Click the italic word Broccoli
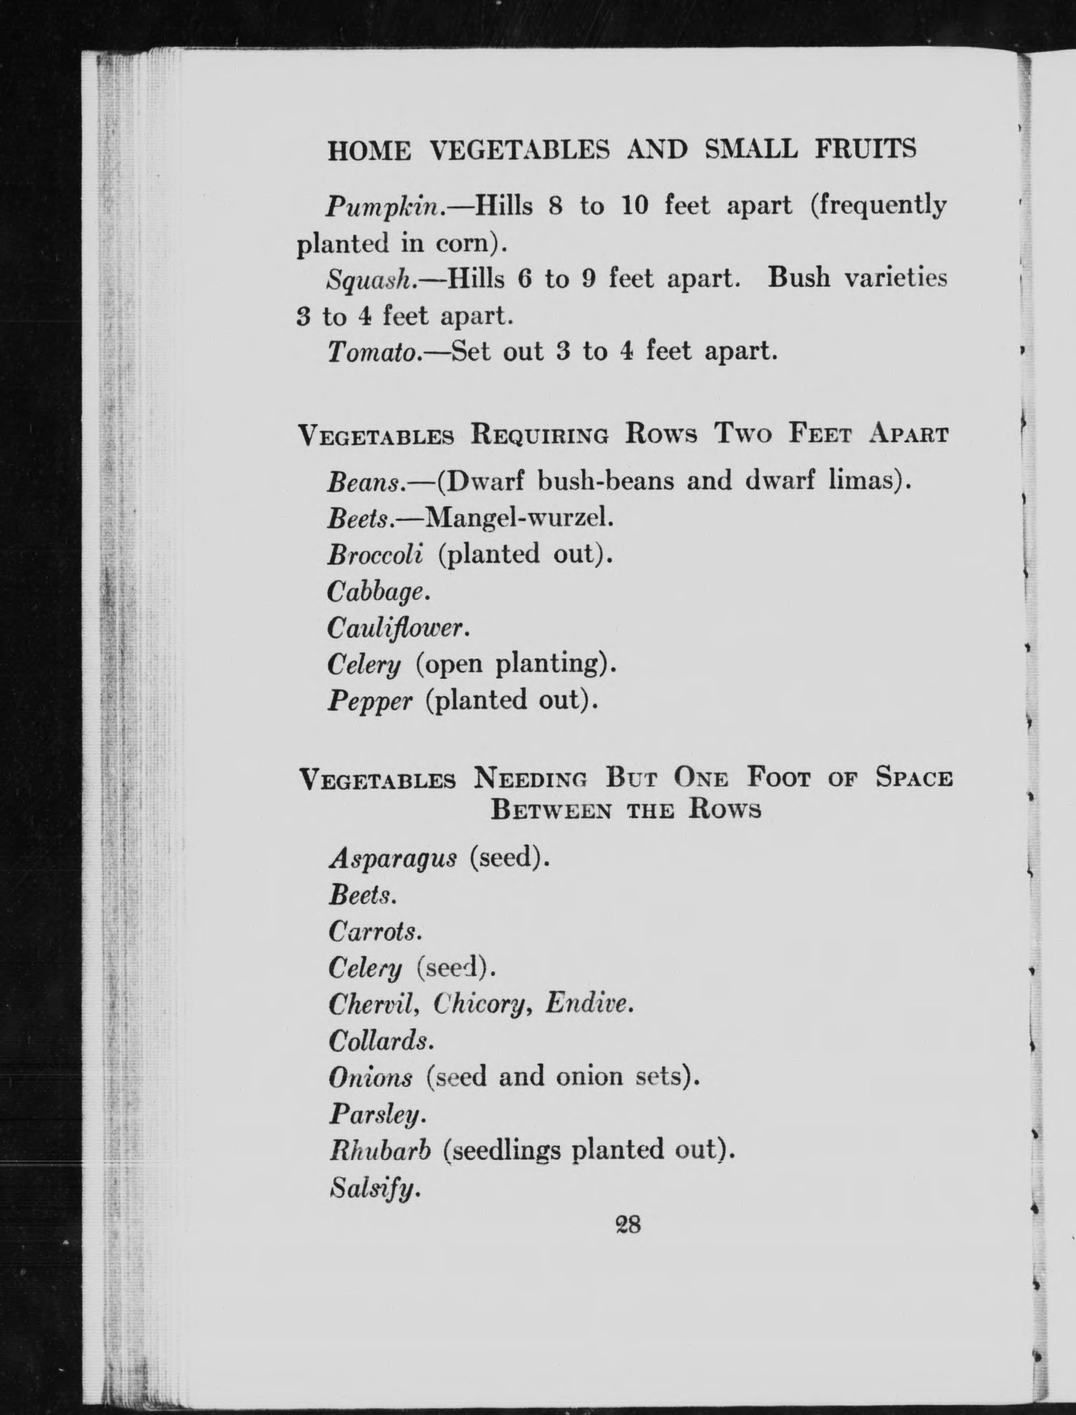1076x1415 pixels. pyautogui.click(x=375, y=554)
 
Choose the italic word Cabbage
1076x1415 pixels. pyautogui.click(x=377, y=592)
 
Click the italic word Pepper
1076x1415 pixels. pyautogui.click(x=369, y=701)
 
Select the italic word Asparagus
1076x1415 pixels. pyautogui.click(x=393, y=858)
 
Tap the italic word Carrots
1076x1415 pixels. pyautogui.click(x=374, y=931)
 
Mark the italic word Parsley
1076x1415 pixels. pyautogui.click(x=377, y=1115)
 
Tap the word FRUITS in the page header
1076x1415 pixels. pyautogui.click(x=865, y=150)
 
